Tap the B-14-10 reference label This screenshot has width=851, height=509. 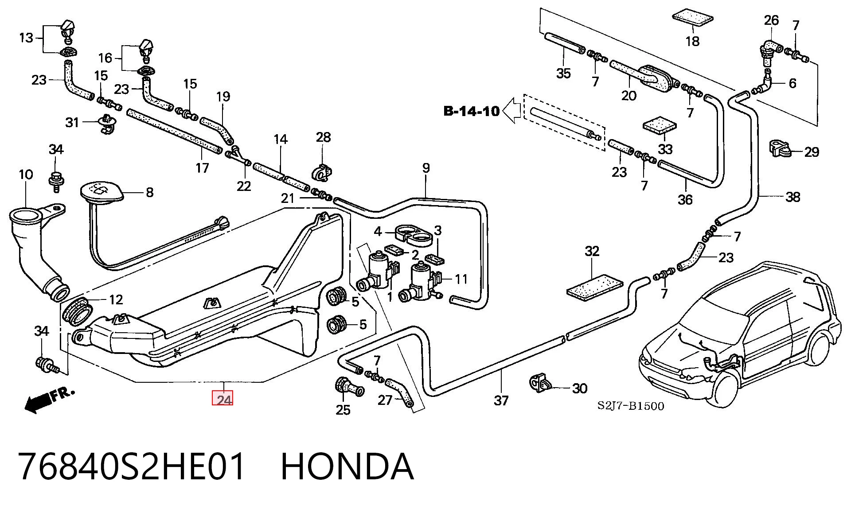click(472, 110)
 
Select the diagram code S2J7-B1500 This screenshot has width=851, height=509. click(631, 405)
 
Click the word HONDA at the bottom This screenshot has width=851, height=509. click(347, 466)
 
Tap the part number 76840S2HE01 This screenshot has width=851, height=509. click(132, 466)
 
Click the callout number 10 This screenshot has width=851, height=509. click(26, 175)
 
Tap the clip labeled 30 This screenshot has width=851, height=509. click(541, 383)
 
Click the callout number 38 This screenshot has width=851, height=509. click(792, 197)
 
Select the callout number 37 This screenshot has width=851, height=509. click(501, 400)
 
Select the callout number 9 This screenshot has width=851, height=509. click(426, 168)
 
